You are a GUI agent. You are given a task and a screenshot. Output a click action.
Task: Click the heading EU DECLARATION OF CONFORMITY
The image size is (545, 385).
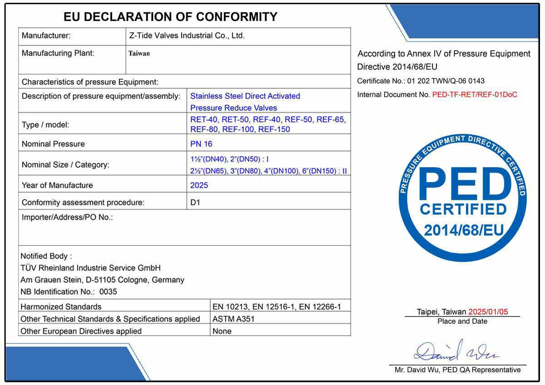click(x=170, y=17)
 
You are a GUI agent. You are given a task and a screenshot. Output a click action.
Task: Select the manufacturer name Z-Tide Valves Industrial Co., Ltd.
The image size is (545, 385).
click(x=187, y=35)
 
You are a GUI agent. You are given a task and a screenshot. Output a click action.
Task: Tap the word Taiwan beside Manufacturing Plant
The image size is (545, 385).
click(x=139, y=53)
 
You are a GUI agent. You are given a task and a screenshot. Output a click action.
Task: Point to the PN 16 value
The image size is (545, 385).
click(x=201, y=144)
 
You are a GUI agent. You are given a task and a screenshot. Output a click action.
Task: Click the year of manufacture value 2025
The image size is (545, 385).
click(x=199, y=185)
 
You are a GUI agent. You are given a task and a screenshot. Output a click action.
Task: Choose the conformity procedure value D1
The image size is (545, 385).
click(x=195, y=202)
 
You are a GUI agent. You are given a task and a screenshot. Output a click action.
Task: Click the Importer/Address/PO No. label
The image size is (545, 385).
click(x=67, y=217)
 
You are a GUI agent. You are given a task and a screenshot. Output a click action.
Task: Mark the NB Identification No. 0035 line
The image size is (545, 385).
click(x=69, y=291)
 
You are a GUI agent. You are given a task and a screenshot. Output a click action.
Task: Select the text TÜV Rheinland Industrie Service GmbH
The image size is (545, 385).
click(x=90, y=268)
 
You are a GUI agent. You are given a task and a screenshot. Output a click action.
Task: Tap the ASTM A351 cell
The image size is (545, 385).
click(x=233, y=319)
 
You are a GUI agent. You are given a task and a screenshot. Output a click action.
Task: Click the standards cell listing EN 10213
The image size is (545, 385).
click(x=277, y=306)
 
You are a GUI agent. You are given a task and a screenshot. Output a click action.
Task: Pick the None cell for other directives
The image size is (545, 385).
click(x=222, y=331)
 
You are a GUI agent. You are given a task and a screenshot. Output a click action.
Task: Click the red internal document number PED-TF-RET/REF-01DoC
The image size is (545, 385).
click(x=475, y=95)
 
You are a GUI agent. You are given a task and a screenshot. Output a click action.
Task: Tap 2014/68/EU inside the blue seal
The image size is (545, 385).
click(x=464, y=230)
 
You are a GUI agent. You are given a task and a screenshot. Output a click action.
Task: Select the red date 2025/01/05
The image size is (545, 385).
click(x=488, y=312)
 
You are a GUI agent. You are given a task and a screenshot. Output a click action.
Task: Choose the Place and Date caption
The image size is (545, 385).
click(x=462, y=321)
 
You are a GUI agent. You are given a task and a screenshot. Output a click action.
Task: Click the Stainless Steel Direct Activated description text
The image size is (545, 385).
click(x=245, y=96)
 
